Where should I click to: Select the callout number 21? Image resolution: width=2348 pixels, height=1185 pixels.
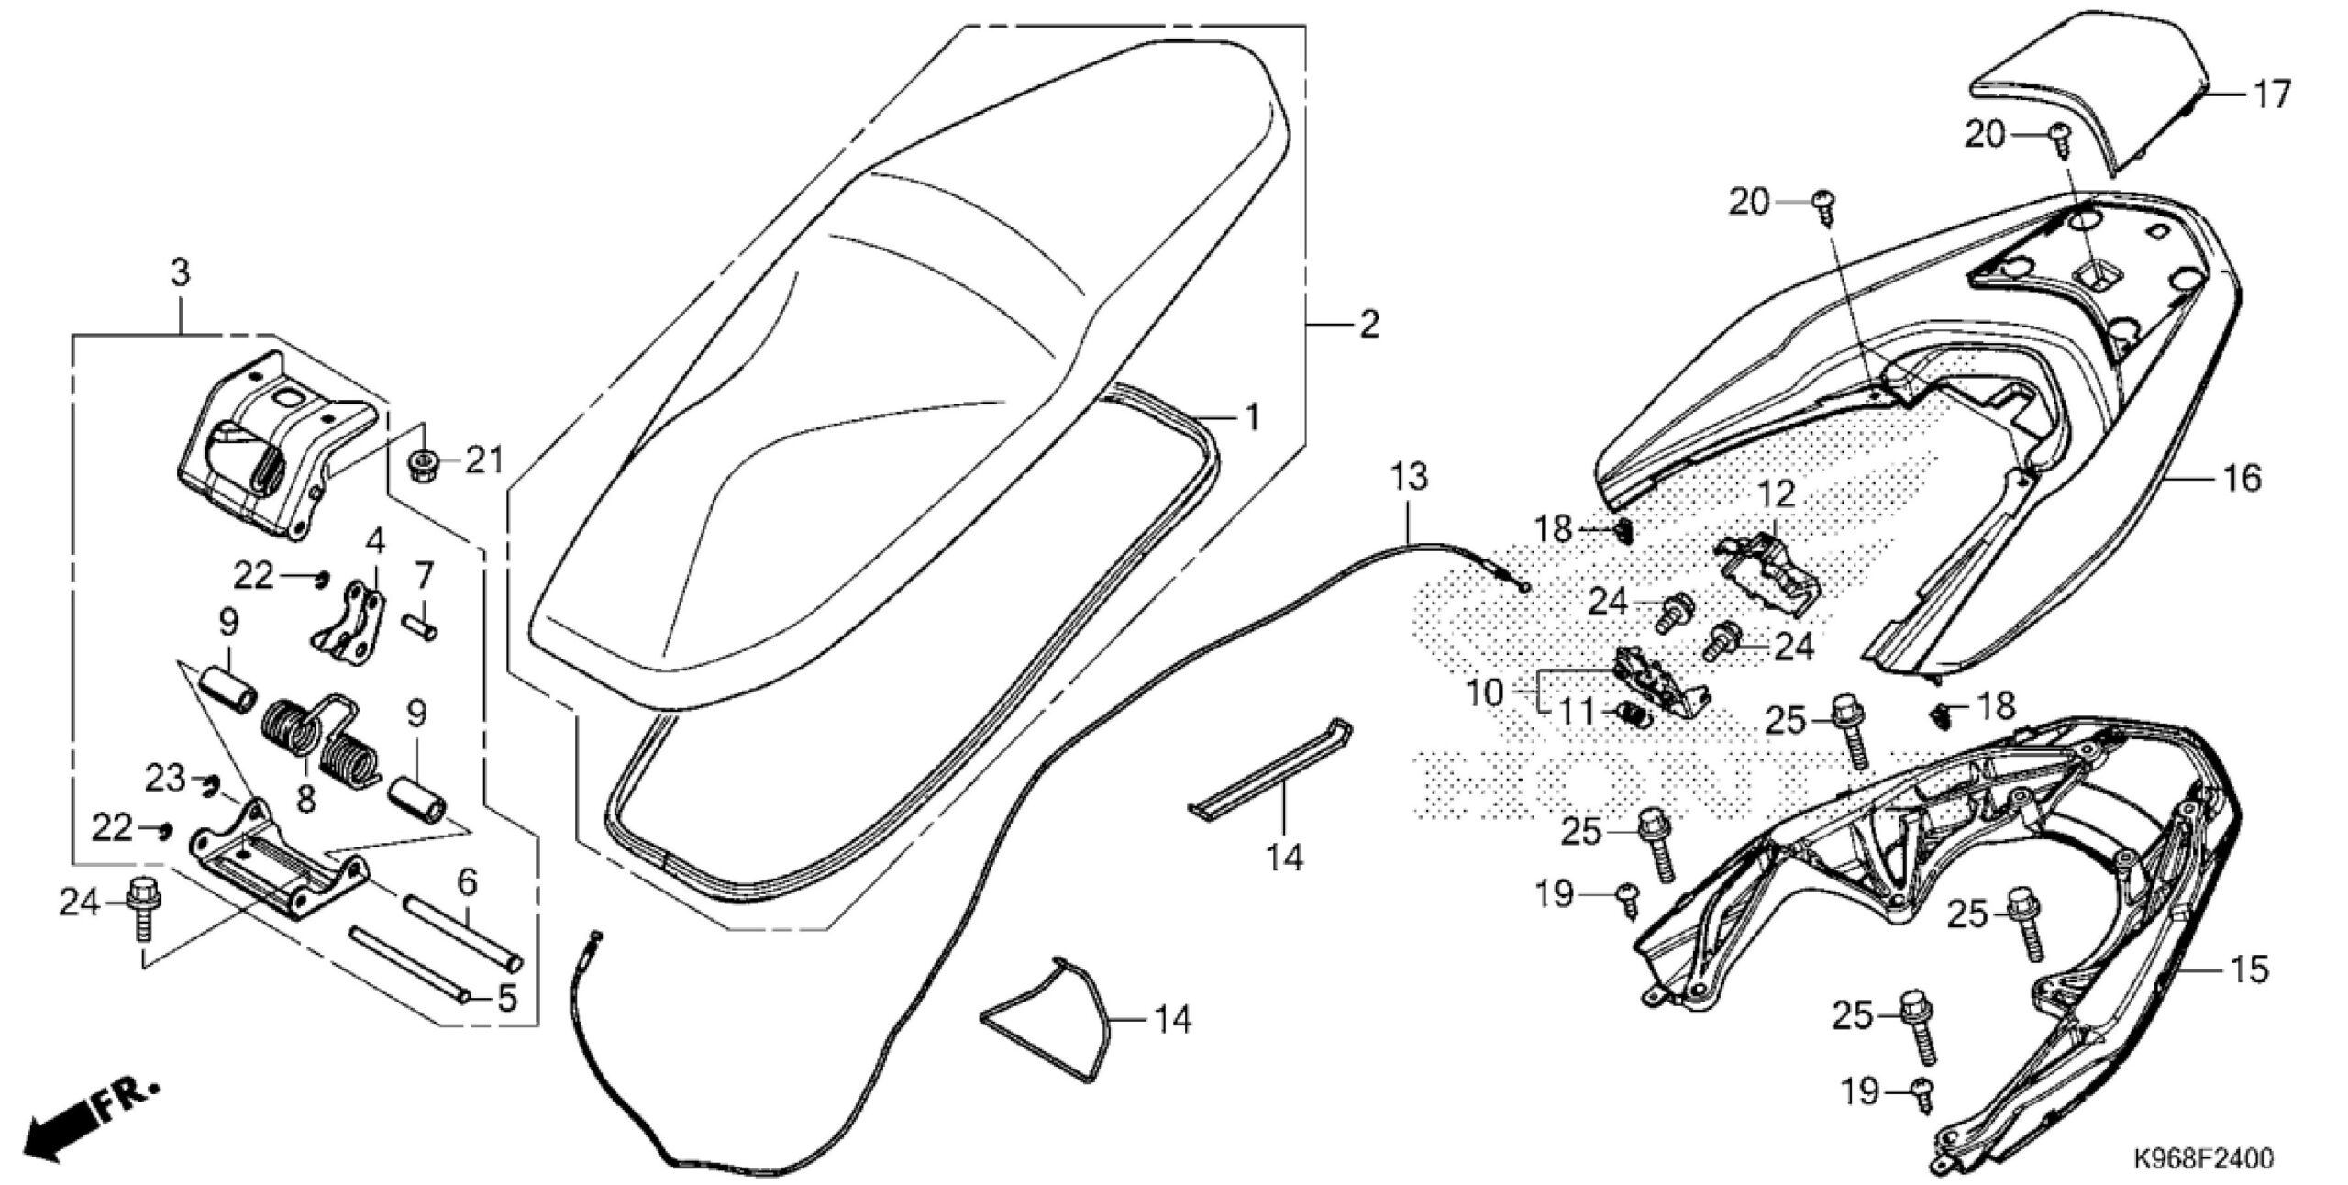(483, 460)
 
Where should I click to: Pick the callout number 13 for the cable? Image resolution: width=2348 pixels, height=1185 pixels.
(1409, 478)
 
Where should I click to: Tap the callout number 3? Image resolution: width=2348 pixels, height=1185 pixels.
(180, 273)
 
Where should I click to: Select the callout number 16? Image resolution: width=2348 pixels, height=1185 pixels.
(2243, 478)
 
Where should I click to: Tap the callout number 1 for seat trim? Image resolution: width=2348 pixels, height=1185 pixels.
(1250, 418)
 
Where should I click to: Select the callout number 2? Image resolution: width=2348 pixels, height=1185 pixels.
(1368, 325)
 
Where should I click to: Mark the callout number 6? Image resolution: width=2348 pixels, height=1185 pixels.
(466, 883)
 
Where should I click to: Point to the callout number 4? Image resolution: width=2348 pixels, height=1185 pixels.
(374, 541)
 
